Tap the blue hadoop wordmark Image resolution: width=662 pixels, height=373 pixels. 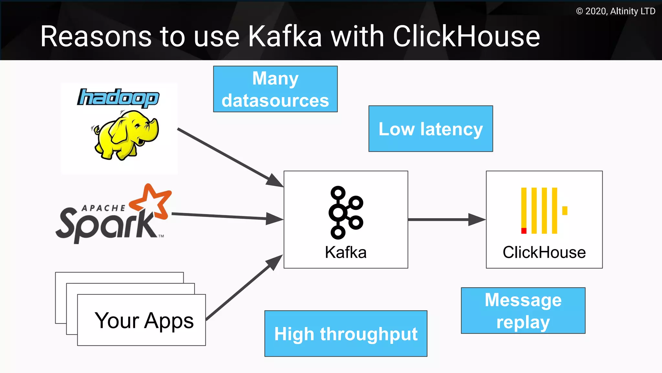coord(118,98)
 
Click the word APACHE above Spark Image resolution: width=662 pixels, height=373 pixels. coord(103,208)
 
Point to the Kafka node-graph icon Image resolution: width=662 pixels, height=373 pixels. coord(346,212)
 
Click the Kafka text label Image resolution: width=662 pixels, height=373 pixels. coord(346,252)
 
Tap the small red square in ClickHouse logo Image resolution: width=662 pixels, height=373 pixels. coord(524,231)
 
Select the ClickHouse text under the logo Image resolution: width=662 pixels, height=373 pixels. coord(544,252)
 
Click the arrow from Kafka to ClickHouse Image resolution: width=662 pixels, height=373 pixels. coord(446,220)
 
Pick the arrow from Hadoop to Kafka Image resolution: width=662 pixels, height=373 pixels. coord(230,157)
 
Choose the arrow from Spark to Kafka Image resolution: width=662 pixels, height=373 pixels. coord(226,217)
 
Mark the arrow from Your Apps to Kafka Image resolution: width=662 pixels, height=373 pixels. coord(244,288)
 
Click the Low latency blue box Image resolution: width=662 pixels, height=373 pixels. coord(431,129)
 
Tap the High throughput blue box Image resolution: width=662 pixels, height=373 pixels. coord(346,334)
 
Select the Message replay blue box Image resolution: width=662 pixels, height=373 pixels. coord(523,311)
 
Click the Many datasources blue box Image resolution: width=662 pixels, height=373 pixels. coord(275,89)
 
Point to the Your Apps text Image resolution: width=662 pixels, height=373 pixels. coord(144,321)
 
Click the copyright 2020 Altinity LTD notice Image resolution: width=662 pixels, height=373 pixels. coord(615,11)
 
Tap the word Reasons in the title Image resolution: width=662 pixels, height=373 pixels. coord(96,36)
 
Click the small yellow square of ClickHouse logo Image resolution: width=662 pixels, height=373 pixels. coord(565,210)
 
